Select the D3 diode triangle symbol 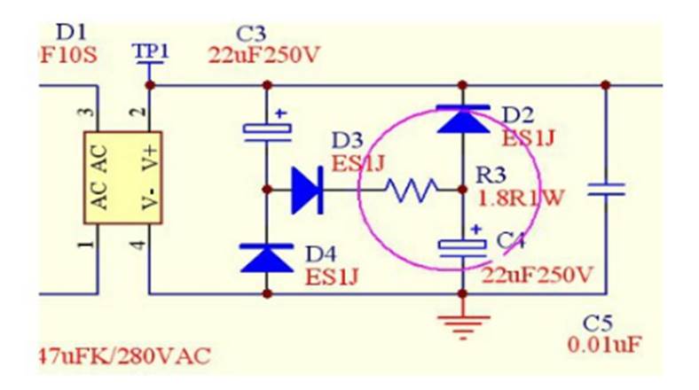(x=305, y=189)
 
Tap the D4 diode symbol (x=266, y=258)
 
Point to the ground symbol (x=462, y=327)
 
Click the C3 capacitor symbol (x=266, y=131)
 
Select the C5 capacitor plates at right (x=606, y=189)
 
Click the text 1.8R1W (x=521, y=197)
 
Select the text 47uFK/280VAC (x=124, y=357)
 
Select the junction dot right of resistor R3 (x=462, y=189)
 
